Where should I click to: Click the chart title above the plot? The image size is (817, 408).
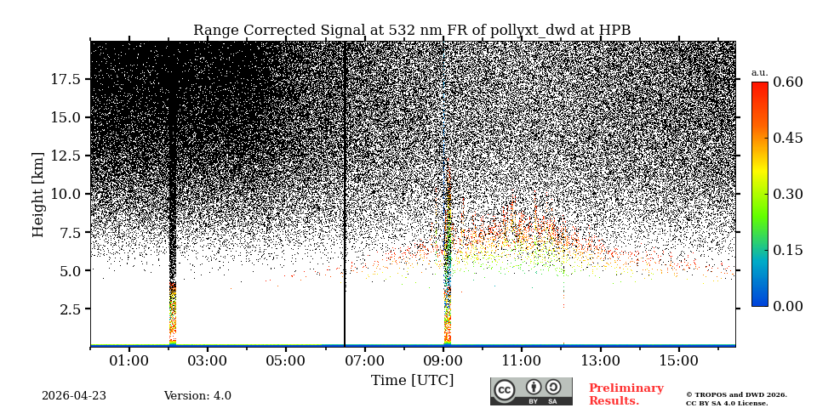(412, 31)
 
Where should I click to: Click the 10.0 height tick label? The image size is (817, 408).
(66, 194)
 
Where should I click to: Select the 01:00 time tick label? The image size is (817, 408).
(129, 361)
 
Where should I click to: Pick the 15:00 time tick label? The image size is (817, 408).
(679, 361)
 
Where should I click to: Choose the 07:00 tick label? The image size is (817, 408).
(364, 361)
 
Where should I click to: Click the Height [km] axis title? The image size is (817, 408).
(38, 194)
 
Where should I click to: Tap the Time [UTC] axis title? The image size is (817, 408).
(412, 380)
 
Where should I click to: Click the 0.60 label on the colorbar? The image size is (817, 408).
(787, 82)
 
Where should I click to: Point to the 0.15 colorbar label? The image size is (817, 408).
(787, 250)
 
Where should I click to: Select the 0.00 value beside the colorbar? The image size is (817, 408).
(787, 306)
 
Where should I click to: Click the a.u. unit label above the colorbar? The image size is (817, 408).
(759, 72)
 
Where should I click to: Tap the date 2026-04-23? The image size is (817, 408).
(74, 396)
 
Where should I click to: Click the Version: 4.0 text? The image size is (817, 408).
(197, 396)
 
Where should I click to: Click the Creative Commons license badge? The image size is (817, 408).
(531, 391)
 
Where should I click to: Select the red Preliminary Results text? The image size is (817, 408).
(626, 394)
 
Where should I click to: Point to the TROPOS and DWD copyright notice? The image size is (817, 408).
(736, 399)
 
